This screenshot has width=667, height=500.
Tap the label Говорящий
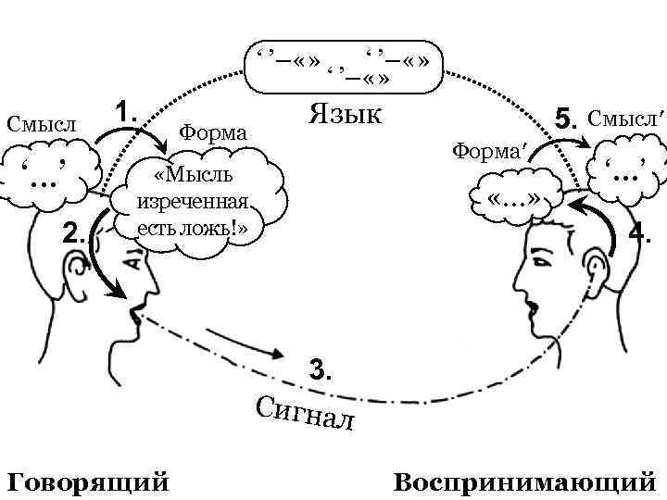click(88, 481)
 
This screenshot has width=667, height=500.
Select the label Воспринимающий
click(524, 482)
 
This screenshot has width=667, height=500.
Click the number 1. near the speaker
click(125, 112)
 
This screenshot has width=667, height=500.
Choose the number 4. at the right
click(640, 232)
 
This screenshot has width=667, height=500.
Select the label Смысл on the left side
click(40, 122)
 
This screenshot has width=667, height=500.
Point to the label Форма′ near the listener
click(486, 150)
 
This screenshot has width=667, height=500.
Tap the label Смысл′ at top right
click(626, 118)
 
